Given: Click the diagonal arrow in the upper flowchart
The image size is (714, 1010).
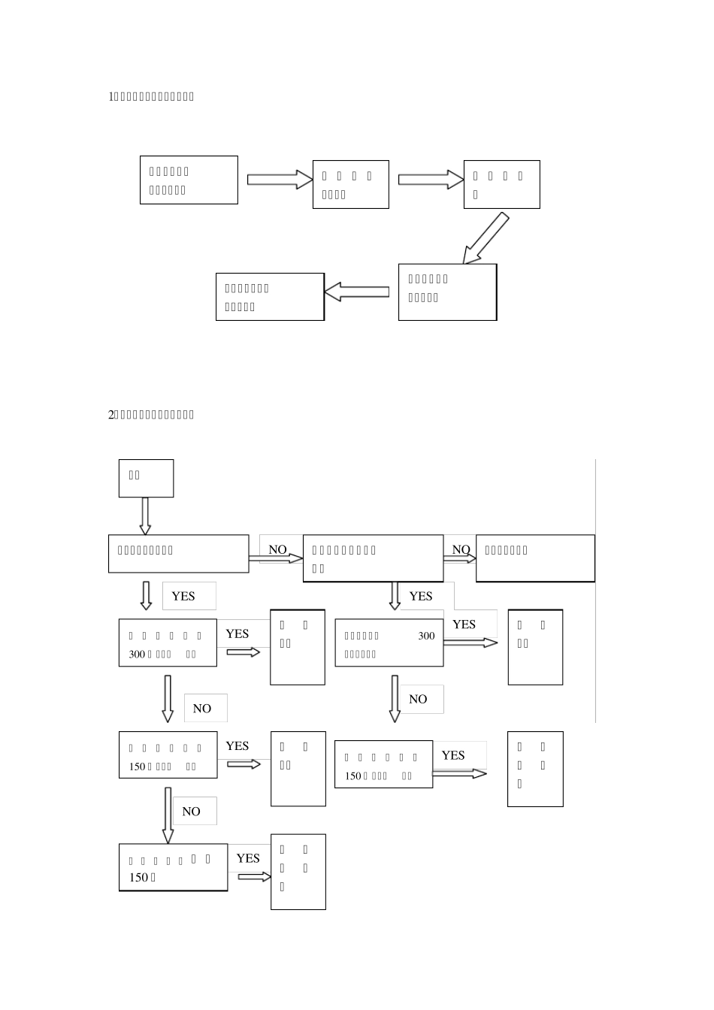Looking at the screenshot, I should tap(486, 238).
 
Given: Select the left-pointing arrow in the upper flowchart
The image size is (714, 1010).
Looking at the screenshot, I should tap(356, 292).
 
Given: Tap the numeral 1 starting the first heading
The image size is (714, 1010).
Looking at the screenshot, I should tap(111, 96).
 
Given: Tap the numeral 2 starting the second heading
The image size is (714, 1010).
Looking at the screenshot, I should tap(111, 414).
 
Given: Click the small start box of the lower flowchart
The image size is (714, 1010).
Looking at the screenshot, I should tap(146, 478).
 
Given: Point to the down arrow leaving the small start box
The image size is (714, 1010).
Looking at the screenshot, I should tap(145, 516).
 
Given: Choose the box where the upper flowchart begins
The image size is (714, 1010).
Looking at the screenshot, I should tap(189, 180).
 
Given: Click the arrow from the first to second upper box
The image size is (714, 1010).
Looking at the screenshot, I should tap(279, 179).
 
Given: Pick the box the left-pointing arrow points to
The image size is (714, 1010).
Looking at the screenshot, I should tap(270, 297).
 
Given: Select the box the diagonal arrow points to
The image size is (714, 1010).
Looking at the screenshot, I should tap(447, 292).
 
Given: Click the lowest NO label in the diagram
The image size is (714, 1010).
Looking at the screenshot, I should tap(192, 812).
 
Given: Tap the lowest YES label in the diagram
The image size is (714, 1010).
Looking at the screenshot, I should tap(248, 858).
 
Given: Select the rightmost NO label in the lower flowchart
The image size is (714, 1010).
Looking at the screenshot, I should tap(461, 549).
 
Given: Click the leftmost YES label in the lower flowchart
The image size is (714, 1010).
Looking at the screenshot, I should tap(183, 596).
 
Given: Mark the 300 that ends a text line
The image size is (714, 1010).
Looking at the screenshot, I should tap(426, 636).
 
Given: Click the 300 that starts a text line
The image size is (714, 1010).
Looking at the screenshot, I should tap(137, 654).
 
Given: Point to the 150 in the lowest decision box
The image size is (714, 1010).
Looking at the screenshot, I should tap(138, 877).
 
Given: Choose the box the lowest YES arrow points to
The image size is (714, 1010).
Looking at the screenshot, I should tap(298, 872).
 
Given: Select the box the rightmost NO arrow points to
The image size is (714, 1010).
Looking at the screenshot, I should tap(535, 558).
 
